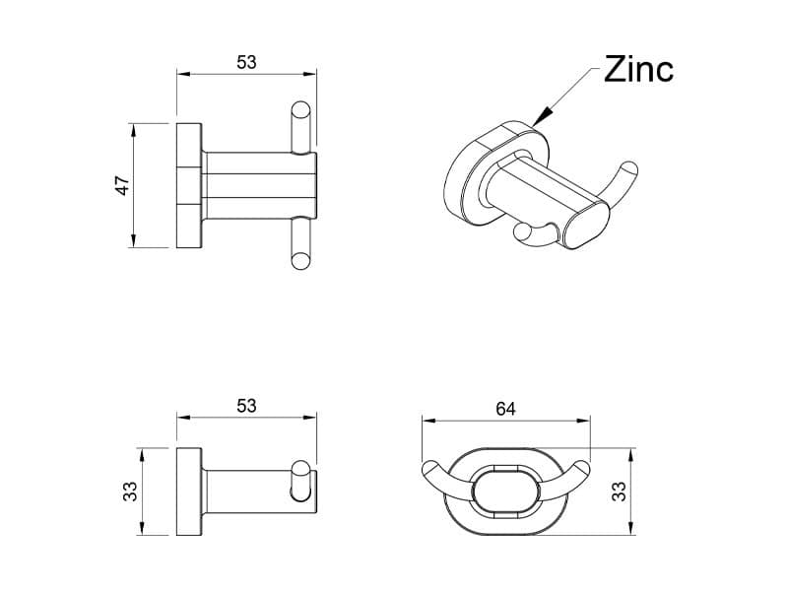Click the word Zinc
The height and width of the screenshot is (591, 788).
pyautogui.click(x=638, y=70)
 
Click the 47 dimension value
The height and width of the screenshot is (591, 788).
pyautogui.click(x=123, y=185)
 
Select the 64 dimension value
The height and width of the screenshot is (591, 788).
pyautogui.click(x=505, y=408)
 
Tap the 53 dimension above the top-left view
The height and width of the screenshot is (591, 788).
pyautogui.click(x=246, y=61)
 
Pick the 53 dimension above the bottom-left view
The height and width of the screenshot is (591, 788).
pyautogui.click(x=246, y=405)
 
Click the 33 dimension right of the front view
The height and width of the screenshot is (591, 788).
pyautogui.click(x=619, y=492)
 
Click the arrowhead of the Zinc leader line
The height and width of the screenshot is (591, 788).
pyautogui.click(x=535, y=122)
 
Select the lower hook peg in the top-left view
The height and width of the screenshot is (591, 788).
pyautogui.click(x=301, y=244)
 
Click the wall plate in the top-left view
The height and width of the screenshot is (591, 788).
pyautogui.click(x=189, y=185)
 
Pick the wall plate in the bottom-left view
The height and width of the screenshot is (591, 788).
pyautogui.click(x=189, y=492)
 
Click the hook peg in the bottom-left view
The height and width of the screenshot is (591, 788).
pyautogui.click(x=301, y=489)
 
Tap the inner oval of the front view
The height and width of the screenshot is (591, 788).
pyautogui.click(x=505, y=490)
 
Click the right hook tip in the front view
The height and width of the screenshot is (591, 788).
pyautogui.click(x=582, y=467)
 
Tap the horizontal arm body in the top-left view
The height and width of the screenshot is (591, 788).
pyautogui.click(x=258, y=185)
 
